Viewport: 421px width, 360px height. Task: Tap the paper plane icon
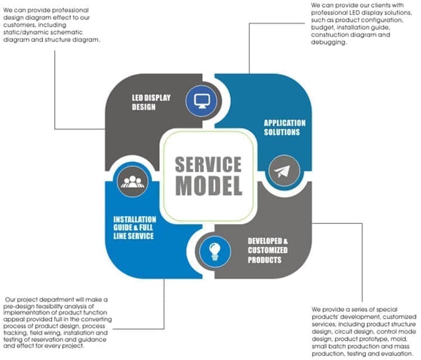[281, 172]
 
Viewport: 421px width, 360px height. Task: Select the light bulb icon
[213, 249]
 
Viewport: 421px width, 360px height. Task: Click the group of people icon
[132, 180]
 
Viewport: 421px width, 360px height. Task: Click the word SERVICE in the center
[208, 165]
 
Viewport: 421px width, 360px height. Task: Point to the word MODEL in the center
[208, 185]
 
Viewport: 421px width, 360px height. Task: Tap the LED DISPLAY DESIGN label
[151, 102]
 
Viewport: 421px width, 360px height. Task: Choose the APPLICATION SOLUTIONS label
[285, 127]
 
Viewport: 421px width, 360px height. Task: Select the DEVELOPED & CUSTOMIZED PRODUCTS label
[268, 250]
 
